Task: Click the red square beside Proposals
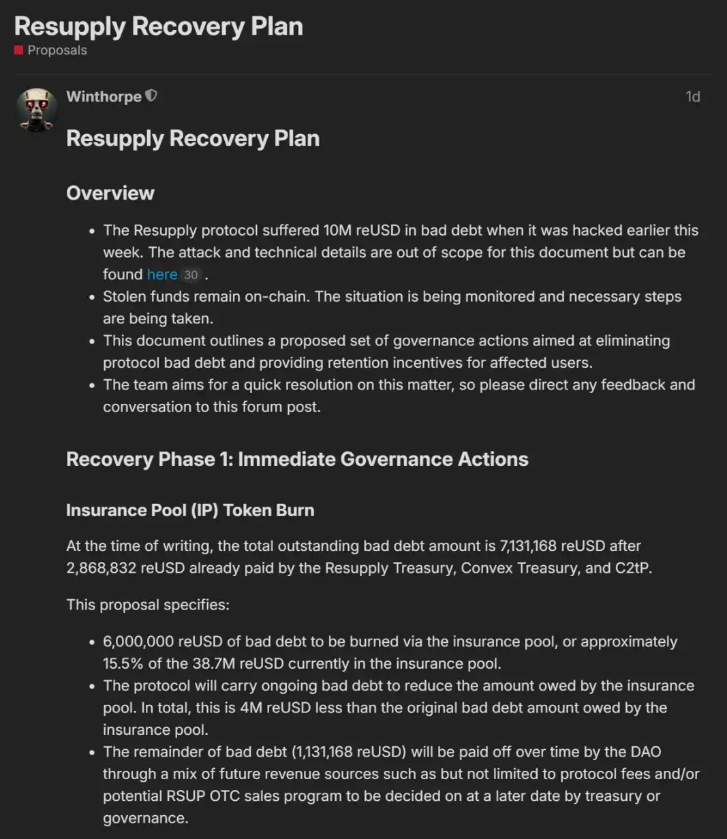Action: [x=19, y=50]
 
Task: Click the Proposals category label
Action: [x=57, y=50]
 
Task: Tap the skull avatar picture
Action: [x=37, y=109]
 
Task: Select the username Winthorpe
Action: [x=104, y=97]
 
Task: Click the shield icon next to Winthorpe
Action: [x=151, y=97]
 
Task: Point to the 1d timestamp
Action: [x=692, y=97]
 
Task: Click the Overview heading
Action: [x=110, y=193]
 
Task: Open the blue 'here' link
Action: [x=162, y=274]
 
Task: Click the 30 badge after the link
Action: [x=191, y=275]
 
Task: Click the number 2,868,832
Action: [x=102, y=568]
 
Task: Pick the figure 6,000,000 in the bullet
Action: [x=138, y=642]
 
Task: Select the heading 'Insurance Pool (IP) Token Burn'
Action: [x=190, y=511]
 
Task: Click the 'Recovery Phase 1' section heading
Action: [x=297, y=459]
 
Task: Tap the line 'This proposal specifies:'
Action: [x=148, y=605]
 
